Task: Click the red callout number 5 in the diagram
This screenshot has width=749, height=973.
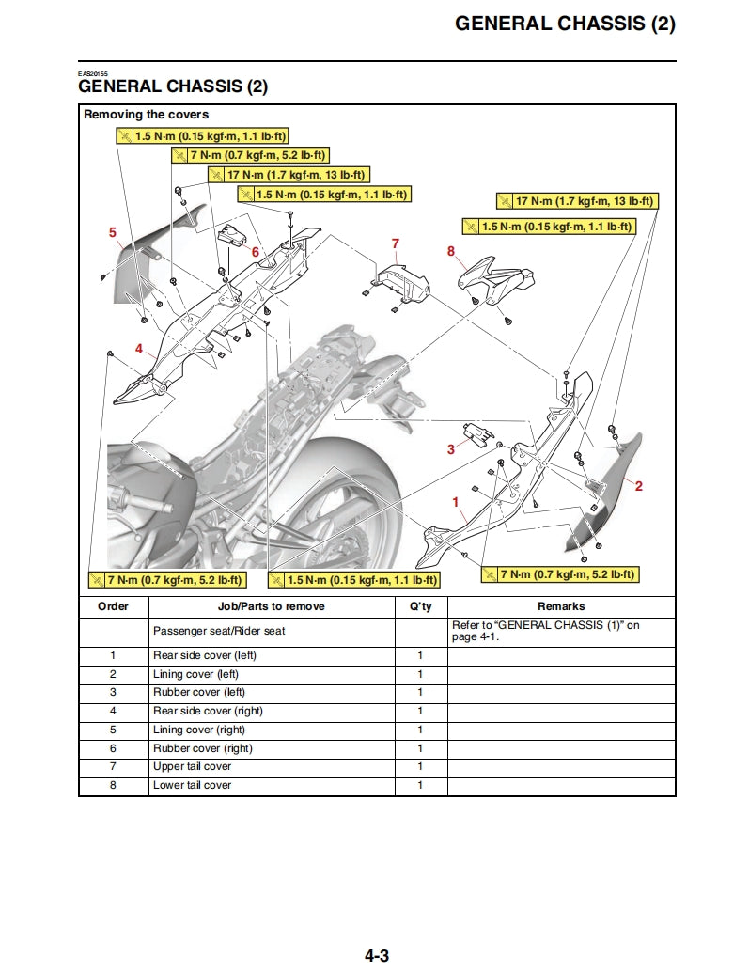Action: pyautogui.click(x=113, y=231)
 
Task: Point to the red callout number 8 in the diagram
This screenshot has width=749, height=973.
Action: pyautogui.click(x=451, y=251)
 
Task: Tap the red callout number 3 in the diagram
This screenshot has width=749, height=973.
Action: pyautogui.click(x=450, y=449)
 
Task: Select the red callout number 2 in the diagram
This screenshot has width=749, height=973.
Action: pyautogui.click(x=639, y=486)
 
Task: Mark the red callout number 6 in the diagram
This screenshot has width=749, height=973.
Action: pyautogui.click(x=255, y=252)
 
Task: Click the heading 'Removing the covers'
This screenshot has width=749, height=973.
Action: pyautogui.click(x=147, y=115)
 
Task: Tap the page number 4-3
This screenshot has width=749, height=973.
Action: pyautogui.click(x=377, y=956)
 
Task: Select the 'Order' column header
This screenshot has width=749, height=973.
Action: pyautogui.click(x=113, y=606)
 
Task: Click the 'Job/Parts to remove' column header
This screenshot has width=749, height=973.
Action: pyautogui.click(x=271, y=606)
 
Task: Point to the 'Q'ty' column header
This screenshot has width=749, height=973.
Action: pyautogui.click(x=420, y=606)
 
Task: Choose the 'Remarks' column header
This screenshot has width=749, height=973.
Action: pyautogui.click(x=560, y=606)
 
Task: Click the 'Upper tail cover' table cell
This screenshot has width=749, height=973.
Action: pyautogui.click(x=192, y=766)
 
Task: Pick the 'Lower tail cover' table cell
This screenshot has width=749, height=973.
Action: pyautogui.click(x=192, y=785)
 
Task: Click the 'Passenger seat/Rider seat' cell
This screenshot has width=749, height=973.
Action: pyautogui.click(x=219, y=631)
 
